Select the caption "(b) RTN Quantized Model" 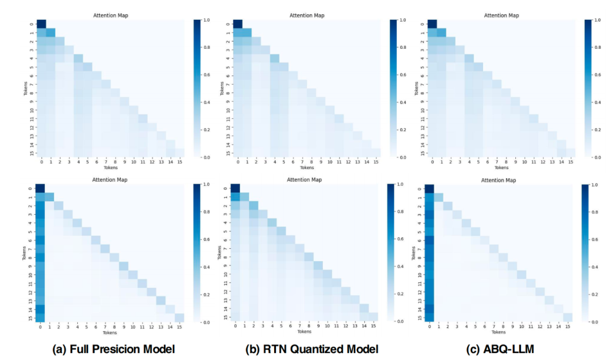coord(311,349)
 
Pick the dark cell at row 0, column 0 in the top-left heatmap coord(41,23)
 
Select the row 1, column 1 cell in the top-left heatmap coord(51,32)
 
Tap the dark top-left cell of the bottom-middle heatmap coord(236,188)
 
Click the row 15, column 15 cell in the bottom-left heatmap coord(179,317)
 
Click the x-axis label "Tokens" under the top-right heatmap coord(502,168)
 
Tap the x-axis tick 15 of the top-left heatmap coord(179,162)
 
